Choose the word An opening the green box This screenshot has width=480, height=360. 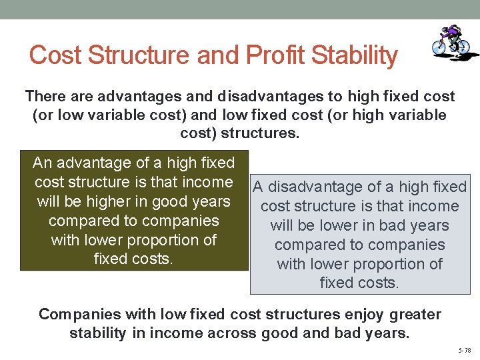(42, 163)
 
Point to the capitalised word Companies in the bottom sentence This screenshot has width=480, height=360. (79, 314)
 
